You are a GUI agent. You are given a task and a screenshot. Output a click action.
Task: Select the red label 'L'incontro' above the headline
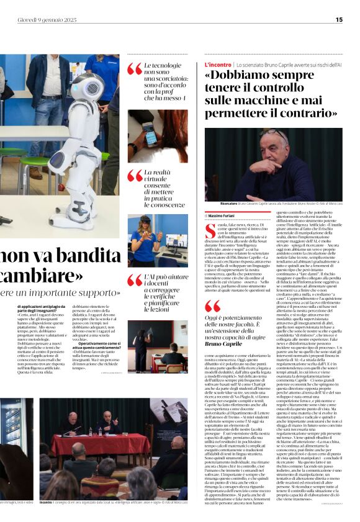click(x=218, y=65)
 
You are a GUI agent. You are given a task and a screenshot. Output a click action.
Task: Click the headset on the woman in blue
click(x=142, y=221)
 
